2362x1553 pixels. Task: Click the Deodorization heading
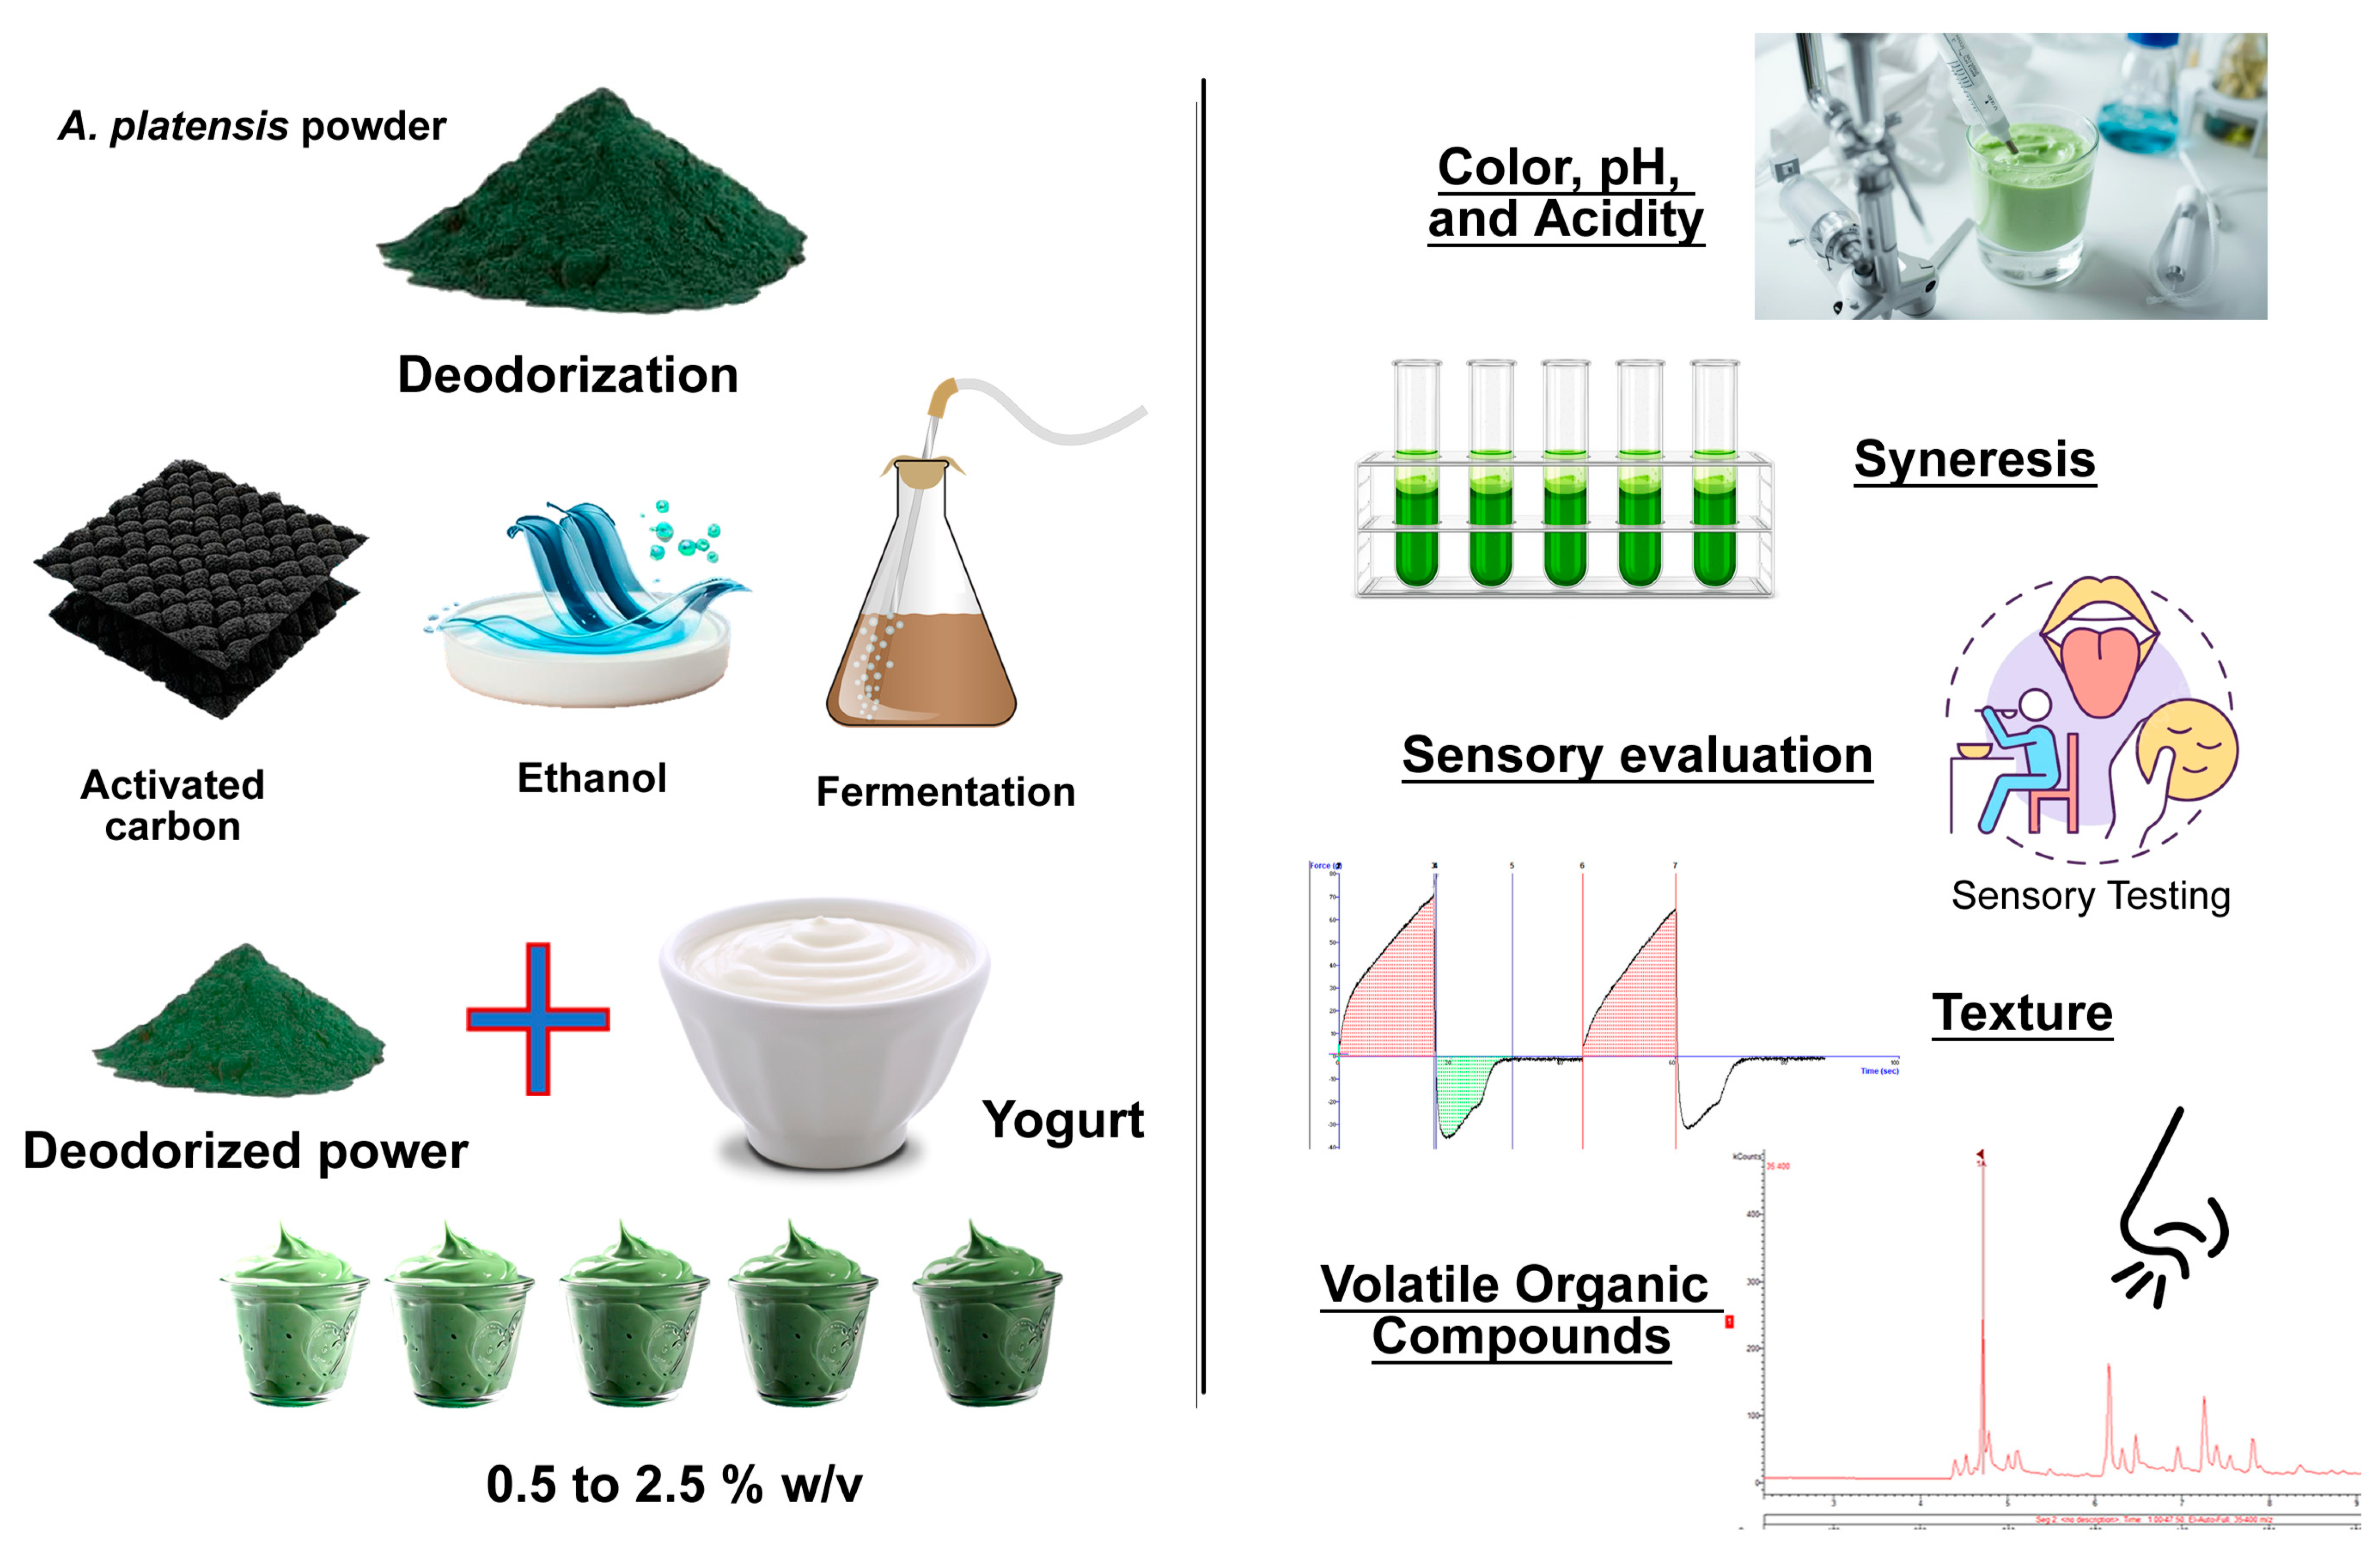point(567,375)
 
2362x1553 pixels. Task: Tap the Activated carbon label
point(173,805)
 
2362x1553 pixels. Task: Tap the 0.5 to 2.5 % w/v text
point(674,1485)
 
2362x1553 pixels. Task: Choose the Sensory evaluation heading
point(1637,755)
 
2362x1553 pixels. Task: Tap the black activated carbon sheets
point(199,585)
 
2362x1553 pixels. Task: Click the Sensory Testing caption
point(2090,895)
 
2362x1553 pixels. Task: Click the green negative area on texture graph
point(1464,1092)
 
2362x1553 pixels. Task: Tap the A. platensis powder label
point(252,126)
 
